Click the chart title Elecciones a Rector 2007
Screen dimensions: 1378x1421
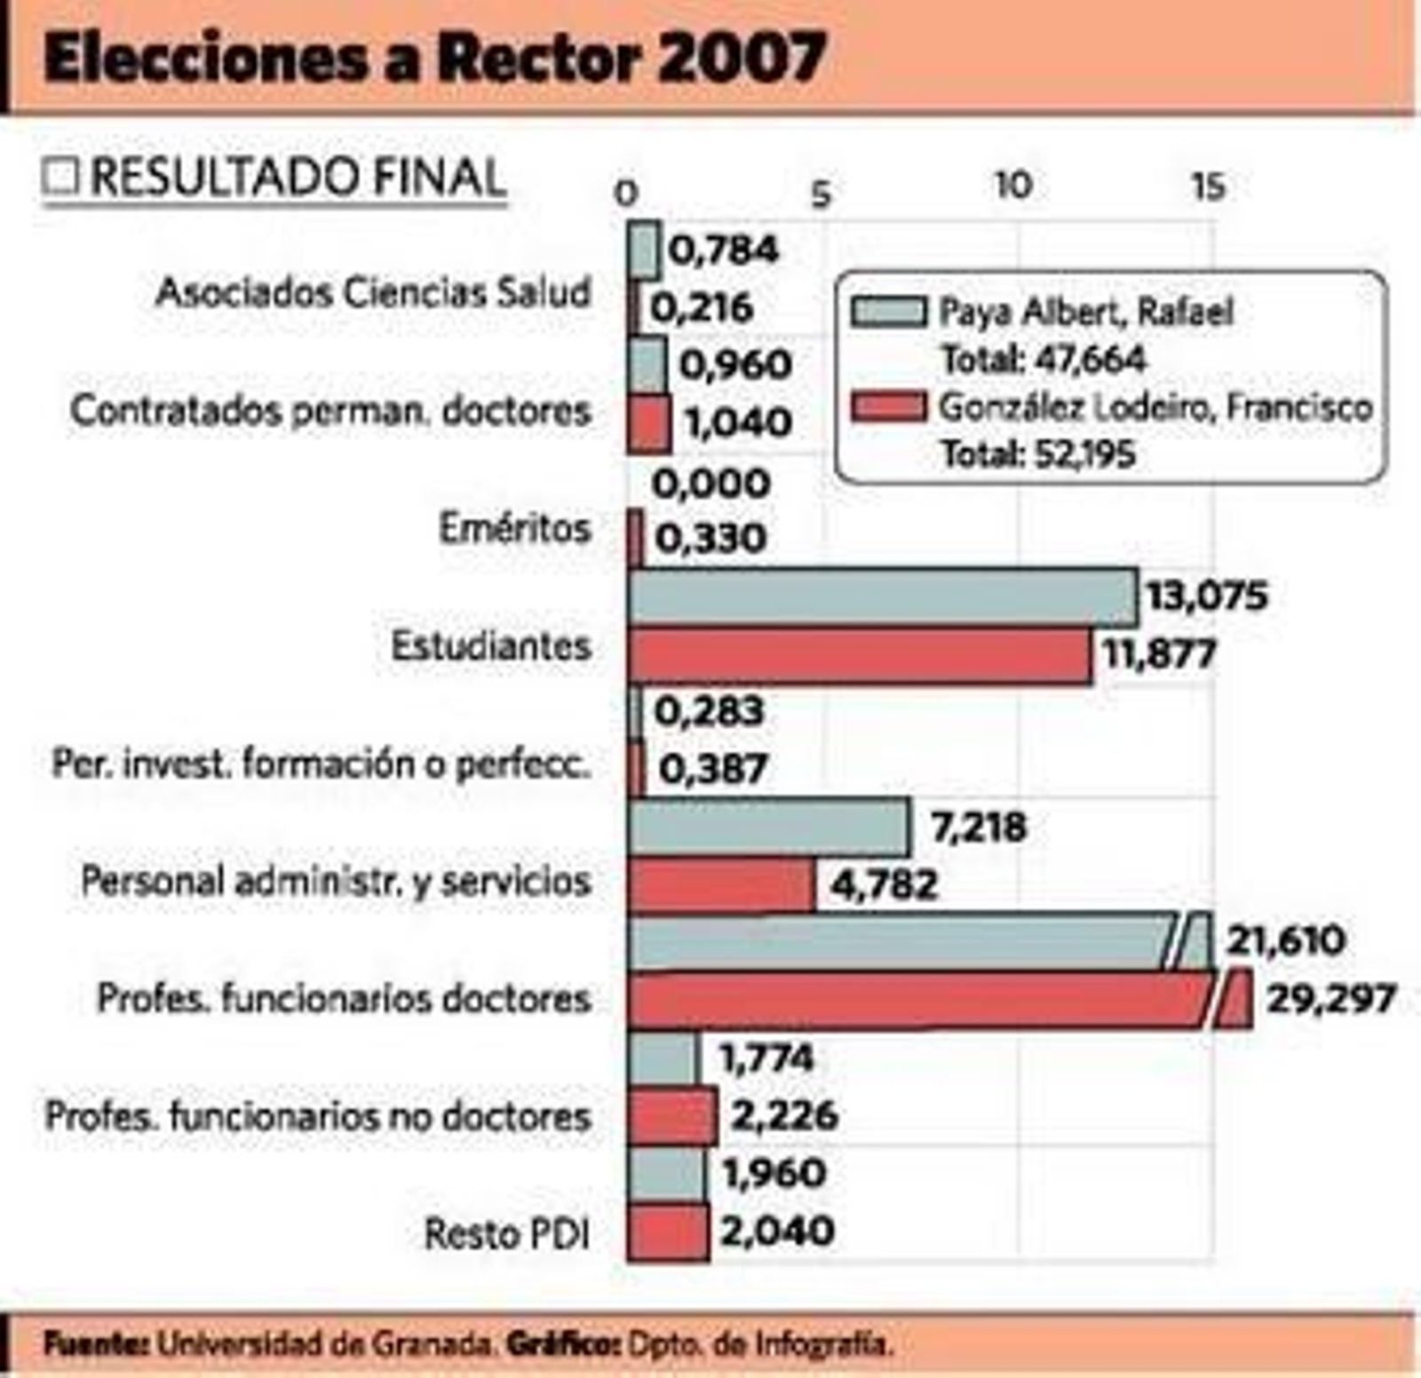click(x=434, y=59)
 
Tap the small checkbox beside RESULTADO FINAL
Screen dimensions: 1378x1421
click(x=60, y=176)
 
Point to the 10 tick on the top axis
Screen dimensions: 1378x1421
click(x=1012, y=186)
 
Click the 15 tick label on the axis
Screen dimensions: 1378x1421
click(x=1207, y=187)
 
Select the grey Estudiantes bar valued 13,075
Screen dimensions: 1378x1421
click(x=881, y=598)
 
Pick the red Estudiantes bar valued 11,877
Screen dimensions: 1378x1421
click(x=859, y=656)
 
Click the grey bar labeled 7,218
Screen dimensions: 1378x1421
click(x=768, y=828)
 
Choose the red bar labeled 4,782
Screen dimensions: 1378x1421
click(x=720, y=886)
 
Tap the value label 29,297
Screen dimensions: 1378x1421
click(x=1330, y=999)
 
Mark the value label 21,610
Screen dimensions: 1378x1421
click(x=1285, y=940)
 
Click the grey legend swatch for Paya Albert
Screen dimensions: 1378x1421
click(x=887, y=313)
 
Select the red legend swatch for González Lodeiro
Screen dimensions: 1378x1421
click(x=887, y=407)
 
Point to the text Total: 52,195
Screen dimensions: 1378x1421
click(x=1037, y=455)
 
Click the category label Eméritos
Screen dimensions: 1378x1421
click(x=514, y=528)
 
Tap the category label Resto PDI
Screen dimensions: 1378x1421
click(x=506, y=1233)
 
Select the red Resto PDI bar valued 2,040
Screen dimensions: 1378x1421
click(x=668, y=1233)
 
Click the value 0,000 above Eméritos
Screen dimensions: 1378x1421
click(x=710, y=484)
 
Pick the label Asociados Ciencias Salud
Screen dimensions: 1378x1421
click(x=373, y=292)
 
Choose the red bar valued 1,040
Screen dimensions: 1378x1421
click(x=649, y=424)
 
